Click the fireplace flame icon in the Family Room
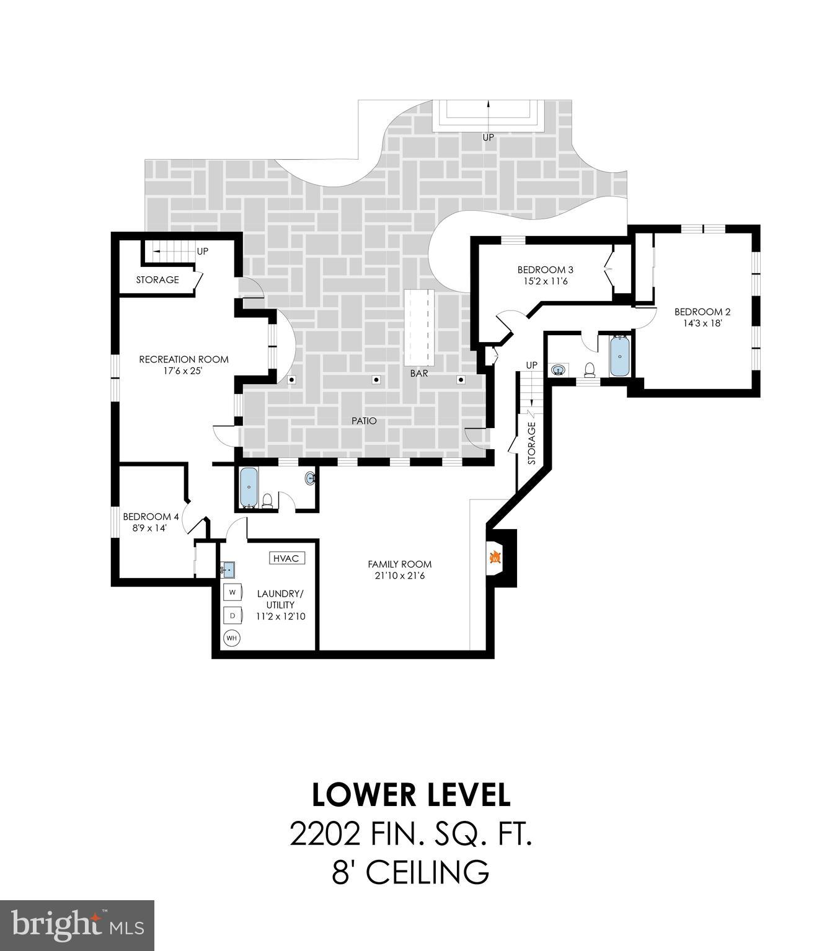495,557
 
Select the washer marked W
232,592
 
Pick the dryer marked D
232,616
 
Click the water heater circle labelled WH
232,638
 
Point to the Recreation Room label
184,359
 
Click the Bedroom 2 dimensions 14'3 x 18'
699,323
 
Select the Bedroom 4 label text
151,517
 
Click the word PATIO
364,421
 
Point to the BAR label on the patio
419,374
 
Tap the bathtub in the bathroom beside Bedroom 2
619,356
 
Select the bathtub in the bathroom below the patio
249,487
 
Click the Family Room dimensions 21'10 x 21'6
399,576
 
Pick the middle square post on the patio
376,380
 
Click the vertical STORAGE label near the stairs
531,443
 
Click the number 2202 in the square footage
324,835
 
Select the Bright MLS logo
77,925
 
